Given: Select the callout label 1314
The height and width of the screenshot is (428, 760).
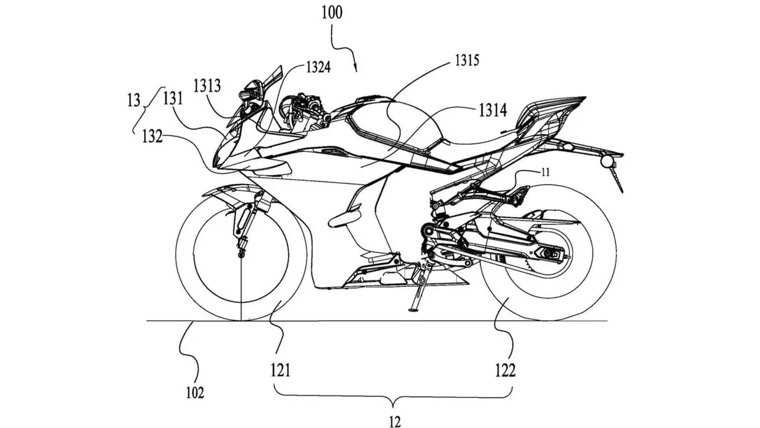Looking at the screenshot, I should coord(494,110).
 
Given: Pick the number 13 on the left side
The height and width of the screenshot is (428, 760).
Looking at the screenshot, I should coord(134,100).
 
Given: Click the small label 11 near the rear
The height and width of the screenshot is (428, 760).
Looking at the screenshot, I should coord(545,174).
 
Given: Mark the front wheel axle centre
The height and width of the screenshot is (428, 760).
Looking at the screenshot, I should coord(241,253).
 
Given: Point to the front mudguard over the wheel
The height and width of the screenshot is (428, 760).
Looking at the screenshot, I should coord(224,195).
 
